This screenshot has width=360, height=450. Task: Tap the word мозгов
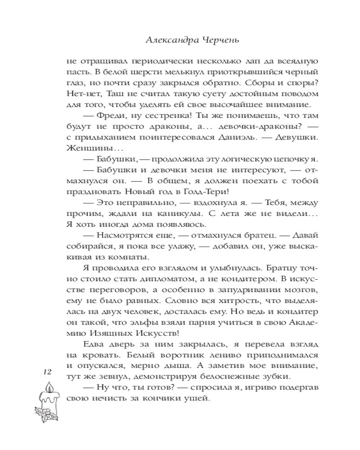point(304,289)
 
